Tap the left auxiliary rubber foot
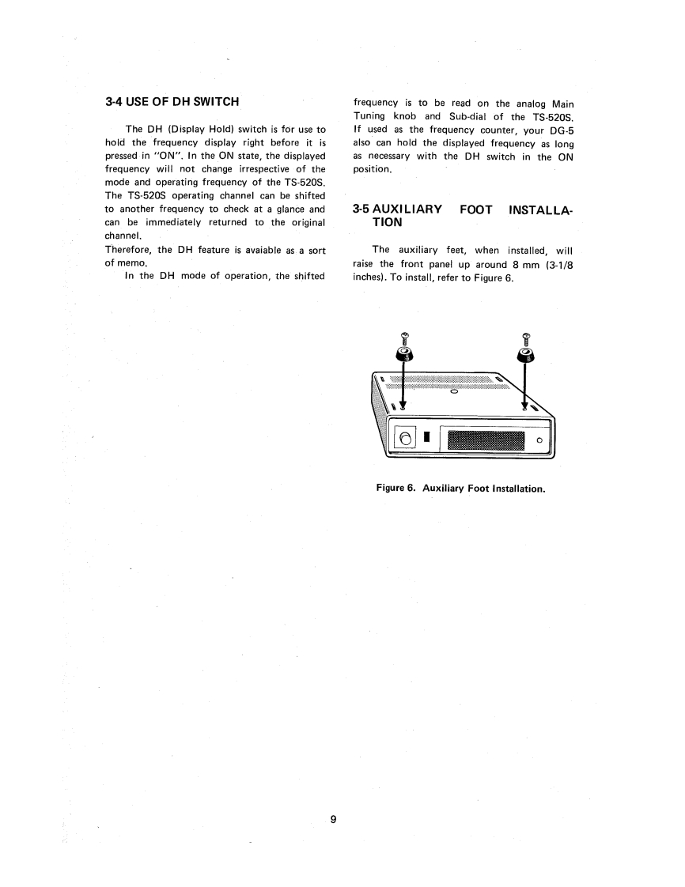coord(404,352)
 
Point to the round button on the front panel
coord(406,439)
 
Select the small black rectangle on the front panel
coord(426,437)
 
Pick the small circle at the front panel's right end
coord(539,440)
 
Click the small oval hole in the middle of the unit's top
coord(454,390)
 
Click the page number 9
coord(333,819)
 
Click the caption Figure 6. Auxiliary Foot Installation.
coord(461,489)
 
